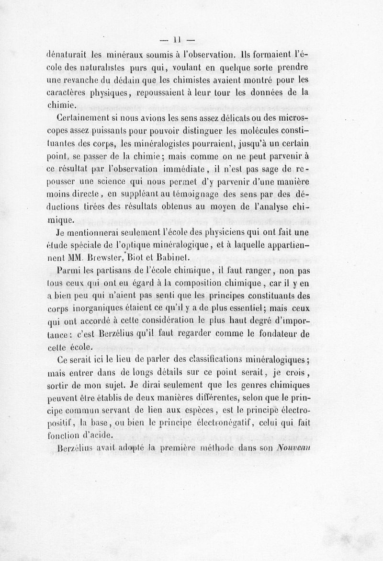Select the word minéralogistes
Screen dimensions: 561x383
[181, 143]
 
